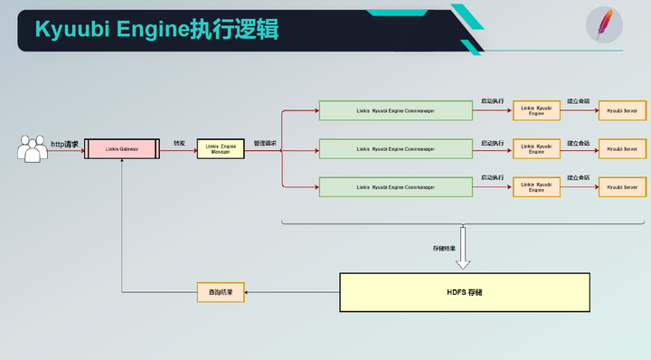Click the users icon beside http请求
pyautogui.click(x=33, y=149)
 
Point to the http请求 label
pyautogui.click(x=64, y=144)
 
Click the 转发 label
pyautogui.click(x=179, y=143)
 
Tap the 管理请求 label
pyautogui.click(x=265, y=143)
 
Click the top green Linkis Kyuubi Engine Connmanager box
pyautogui.click(x=396, y=111)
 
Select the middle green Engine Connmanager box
pyautogui.click(x=396, y=149)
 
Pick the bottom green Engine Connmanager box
pyautogui.click(x=396, y=187)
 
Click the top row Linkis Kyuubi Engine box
pyautogui.click(x=537, y=111)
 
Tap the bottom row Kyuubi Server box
pyautogui.click(x=623, y=187)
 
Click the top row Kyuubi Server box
pyautogui.click(x=623, y=111)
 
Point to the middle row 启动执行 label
pyautogui.click(x=493, y=143)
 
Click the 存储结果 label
pyautogui.click(x=444, y=246)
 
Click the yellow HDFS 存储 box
pyautogui.click(x=465, y=293)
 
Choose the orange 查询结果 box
pyautogui.click(x=221, y=292)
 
